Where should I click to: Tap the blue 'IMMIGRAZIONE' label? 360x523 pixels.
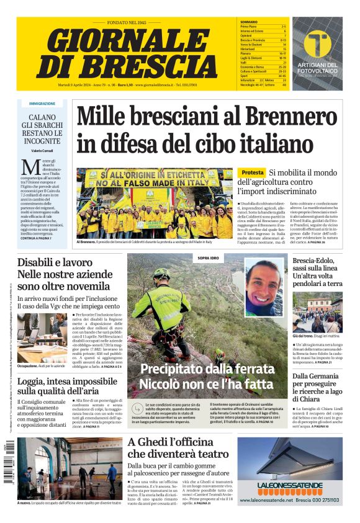point(42,104)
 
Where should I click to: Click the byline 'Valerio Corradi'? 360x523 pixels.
point(42,151)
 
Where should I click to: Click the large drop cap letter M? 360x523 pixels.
point(30,168)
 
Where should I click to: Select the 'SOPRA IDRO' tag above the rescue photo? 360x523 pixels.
point(207,257)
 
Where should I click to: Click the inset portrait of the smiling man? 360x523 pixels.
point(263,286)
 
